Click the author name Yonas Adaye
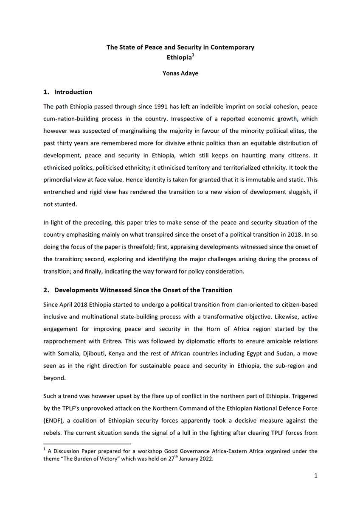point(180,73)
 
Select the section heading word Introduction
point(73,92)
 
